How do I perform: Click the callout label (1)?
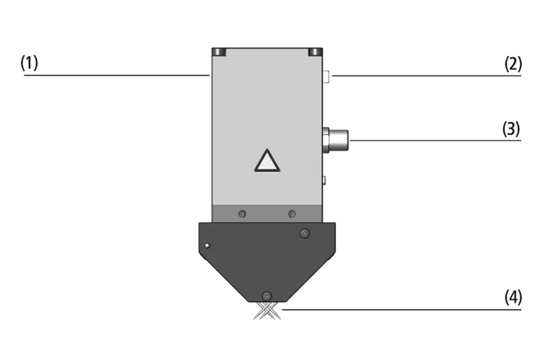(x=29, y=63)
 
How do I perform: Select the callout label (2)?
(x=513, y=63)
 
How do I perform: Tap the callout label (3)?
(x=511, y=129)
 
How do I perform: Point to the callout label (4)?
(x=513, y=297)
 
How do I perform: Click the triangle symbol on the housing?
(x=267, y=161)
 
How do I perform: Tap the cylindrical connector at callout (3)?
(x=335, y=140)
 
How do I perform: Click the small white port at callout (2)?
(x=327, y=76)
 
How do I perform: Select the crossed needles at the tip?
(x=267, y=311)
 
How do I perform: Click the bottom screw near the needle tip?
(x=267, y=297)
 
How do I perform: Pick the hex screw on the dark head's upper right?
(x=304, y=233)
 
